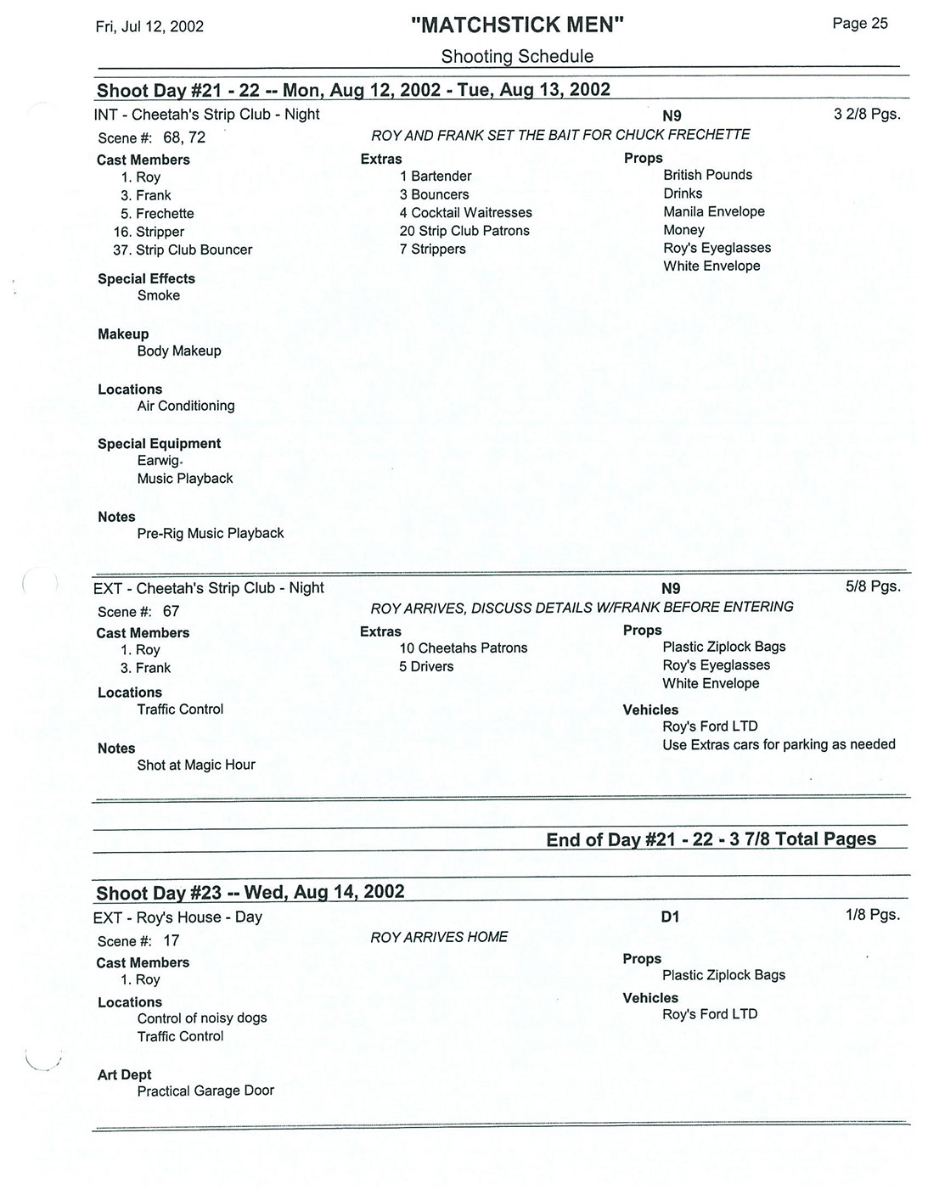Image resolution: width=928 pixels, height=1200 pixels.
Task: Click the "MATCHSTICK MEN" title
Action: pos(516,25)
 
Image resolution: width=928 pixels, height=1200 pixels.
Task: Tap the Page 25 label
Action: pos(859,24)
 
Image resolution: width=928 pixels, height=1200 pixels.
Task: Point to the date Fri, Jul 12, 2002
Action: pos(149,26)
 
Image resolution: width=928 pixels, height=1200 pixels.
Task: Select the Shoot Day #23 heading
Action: pos(250,893)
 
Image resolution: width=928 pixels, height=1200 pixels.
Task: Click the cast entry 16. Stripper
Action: pos(149,232)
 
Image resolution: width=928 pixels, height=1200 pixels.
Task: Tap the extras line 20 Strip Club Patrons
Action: pos(464,231)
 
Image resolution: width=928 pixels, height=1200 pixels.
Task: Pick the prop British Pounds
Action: pos(707,175)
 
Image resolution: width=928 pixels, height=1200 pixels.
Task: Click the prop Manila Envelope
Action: pos(713,211)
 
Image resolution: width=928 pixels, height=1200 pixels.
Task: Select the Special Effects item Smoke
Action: pos(159,295)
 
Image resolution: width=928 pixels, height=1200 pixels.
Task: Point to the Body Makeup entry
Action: pos(179,350)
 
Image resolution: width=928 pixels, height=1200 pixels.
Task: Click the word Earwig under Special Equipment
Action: pos(158,460)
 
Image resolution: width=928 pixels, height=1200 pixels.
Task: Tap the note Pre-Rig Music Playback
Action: pos(211,533)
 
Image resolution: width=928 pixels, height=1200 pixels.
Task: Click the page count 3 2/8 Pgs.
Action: pos(866,114)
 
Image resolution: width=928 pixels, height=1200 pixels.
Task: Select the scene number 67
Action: pos(171,611)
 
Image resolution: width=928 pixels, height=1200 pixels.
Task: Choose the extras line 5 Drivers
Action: pos(426,666)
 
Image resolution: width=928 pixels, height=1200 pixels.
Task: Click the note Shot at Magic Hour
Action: pos(196,765)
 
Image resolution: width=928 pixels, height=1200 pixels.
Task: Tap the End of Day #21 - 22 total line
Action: pos(711,839)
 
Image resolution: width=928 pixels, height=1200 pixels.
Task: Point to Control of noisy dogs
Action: pos(202,1018)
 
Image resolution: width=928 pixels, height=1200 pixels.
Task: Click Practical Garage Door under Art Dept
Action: pos(205,1091)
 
